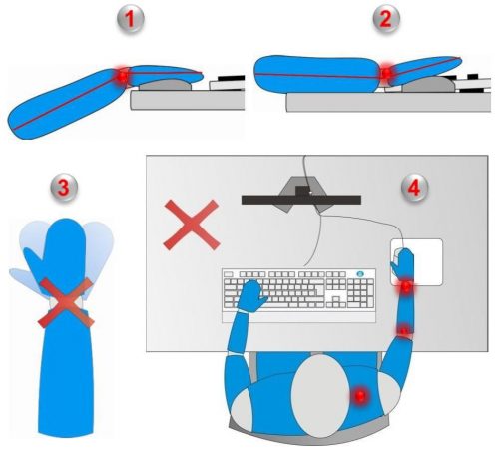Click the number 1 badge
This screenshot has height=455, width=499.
pyautogui.click(x=130, y=19)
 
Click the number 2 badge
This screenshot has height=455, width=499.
pyautogui.click(x=386, y=19)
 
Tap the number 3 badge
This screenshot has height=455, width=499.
pyautogui.click(x=64, y=188)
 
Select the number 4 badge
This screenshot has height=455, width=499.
pyautogui.click(x=414, y=188)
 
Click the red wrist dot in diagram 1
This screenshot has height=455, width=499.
pyautogui.click(x=123, y=77)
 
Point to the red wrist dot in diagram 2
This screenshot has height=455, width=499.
pyautogui.click(x=386, y=73)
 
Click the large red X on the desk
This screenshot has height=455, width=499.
pyautogui.click(x=192, y=225)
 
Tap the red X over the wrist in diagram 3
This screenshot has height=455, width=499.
pyautogui.click(x=66, y=303)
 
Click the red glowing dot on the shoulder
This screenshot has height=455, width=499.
pyautogui.click(x=360, y=396)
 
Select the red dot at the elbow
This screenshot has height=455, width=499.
pyautogui.click(x=404, y=331)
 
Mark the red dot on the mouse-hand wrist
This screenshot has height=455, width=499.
pyautogui.click(x=406, y=285)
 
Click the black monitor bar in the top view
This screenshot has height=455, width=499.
pyautogui.click(x=301, y=200)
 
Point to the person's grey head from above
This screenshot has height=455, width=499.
pyautogui.click(x=319, y=396)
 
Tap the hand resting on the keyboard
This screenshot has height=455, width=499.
pyautogui.click(x=253, y=296)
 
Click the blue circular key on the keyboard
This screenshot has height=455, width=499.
pyautogui.click(x=360, y=274)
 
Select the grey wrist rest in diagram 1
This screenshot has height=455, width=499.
pyautogui.click(x=165, y=85)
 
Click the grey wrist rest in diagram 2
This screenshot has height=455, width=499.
pyautogui.click(x=428, y=84)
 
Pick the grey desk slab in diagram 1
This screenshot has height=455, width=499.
pyautogui.click(x=188, y=100)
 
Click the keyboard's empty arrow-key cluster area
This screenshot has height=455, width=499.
pyautogui.click(x=335, y=295)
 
